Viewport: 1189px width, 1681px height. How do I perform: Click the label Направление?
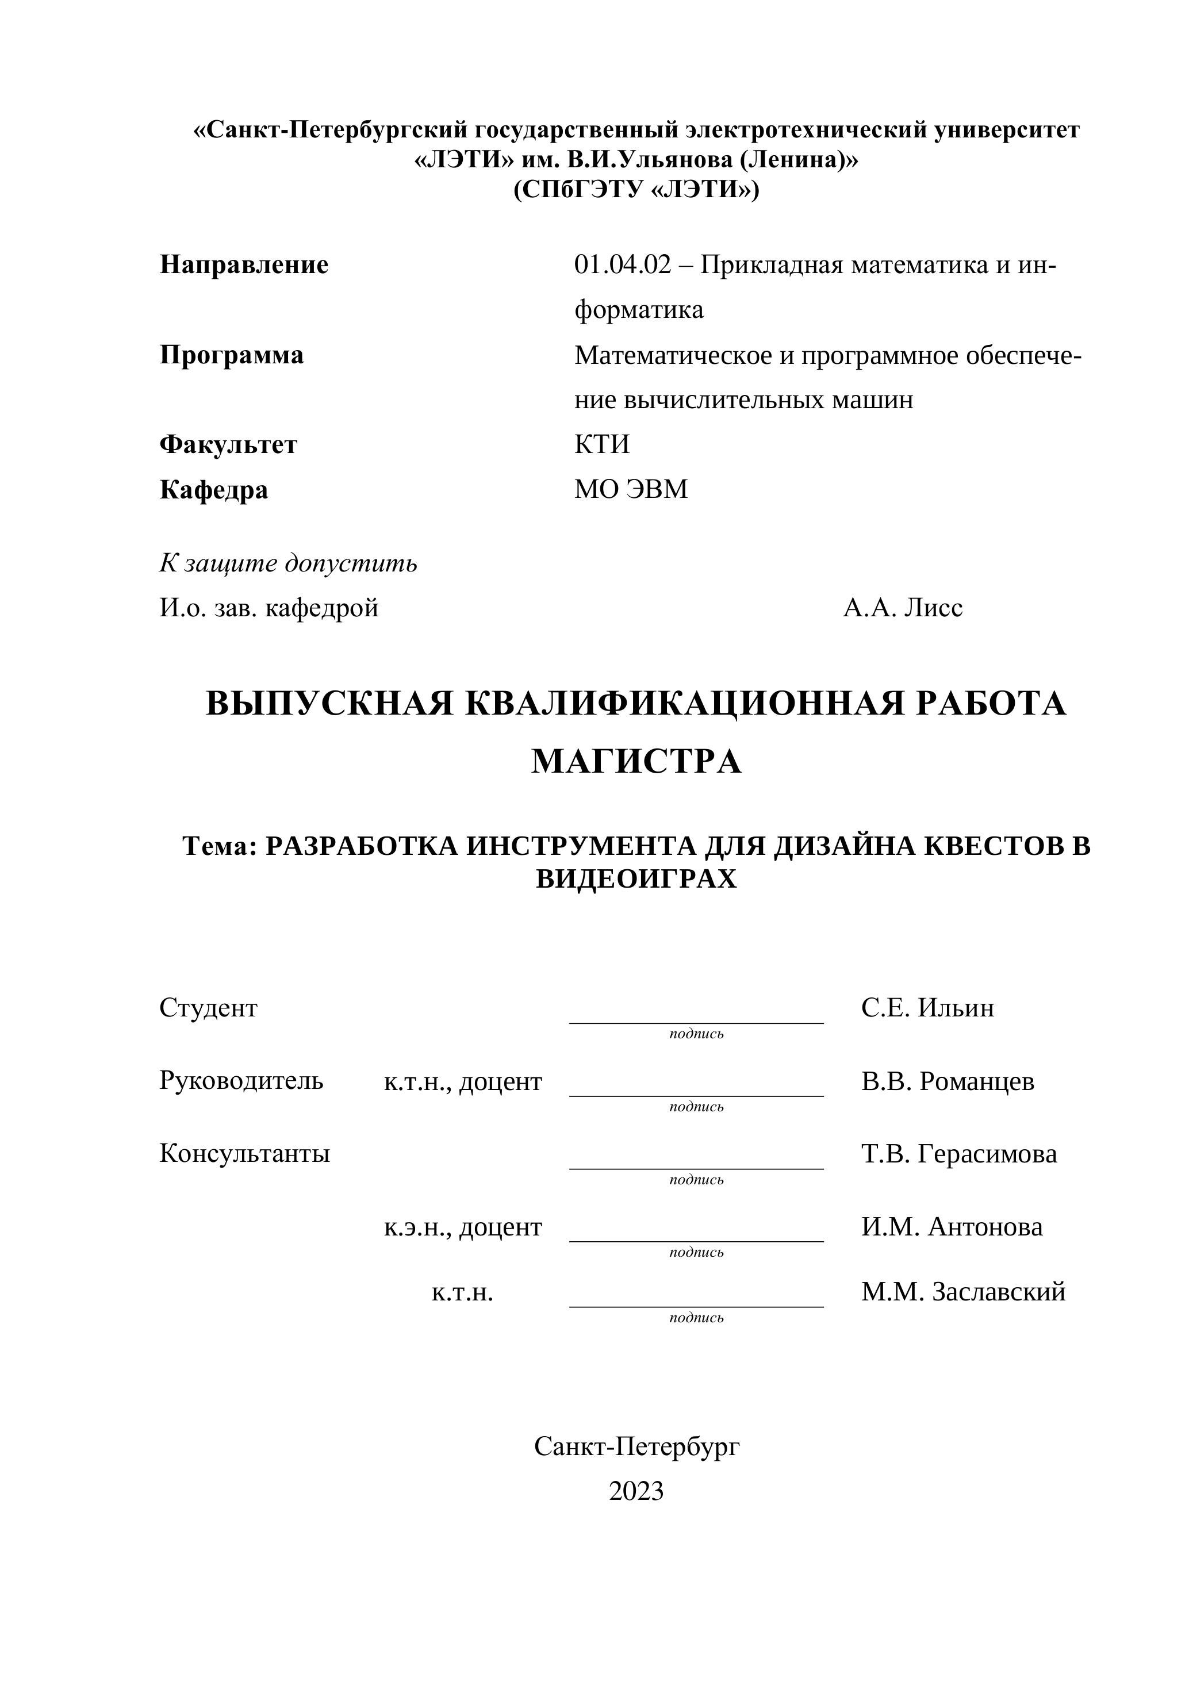coord(244,264)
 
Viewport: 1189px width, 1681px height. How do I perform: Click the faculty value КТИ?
coord(602,444)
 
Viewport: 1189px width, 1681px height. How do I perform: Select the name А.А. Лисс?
coord(903,607)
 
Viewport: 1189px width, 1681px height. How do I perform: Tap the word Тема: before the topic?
coord(220,846)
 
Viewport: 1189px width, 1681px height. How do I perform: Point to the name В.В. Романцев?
coord(948,1081)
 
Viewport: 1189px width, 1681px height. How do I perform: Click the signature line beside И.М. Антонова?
coord(696,1240)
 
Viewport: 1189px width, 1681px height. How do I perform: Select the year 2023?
coord(636,1491)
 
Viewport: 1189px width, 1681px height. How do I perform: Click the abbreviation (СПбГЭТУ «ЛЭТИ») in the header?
coord(636,190)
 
